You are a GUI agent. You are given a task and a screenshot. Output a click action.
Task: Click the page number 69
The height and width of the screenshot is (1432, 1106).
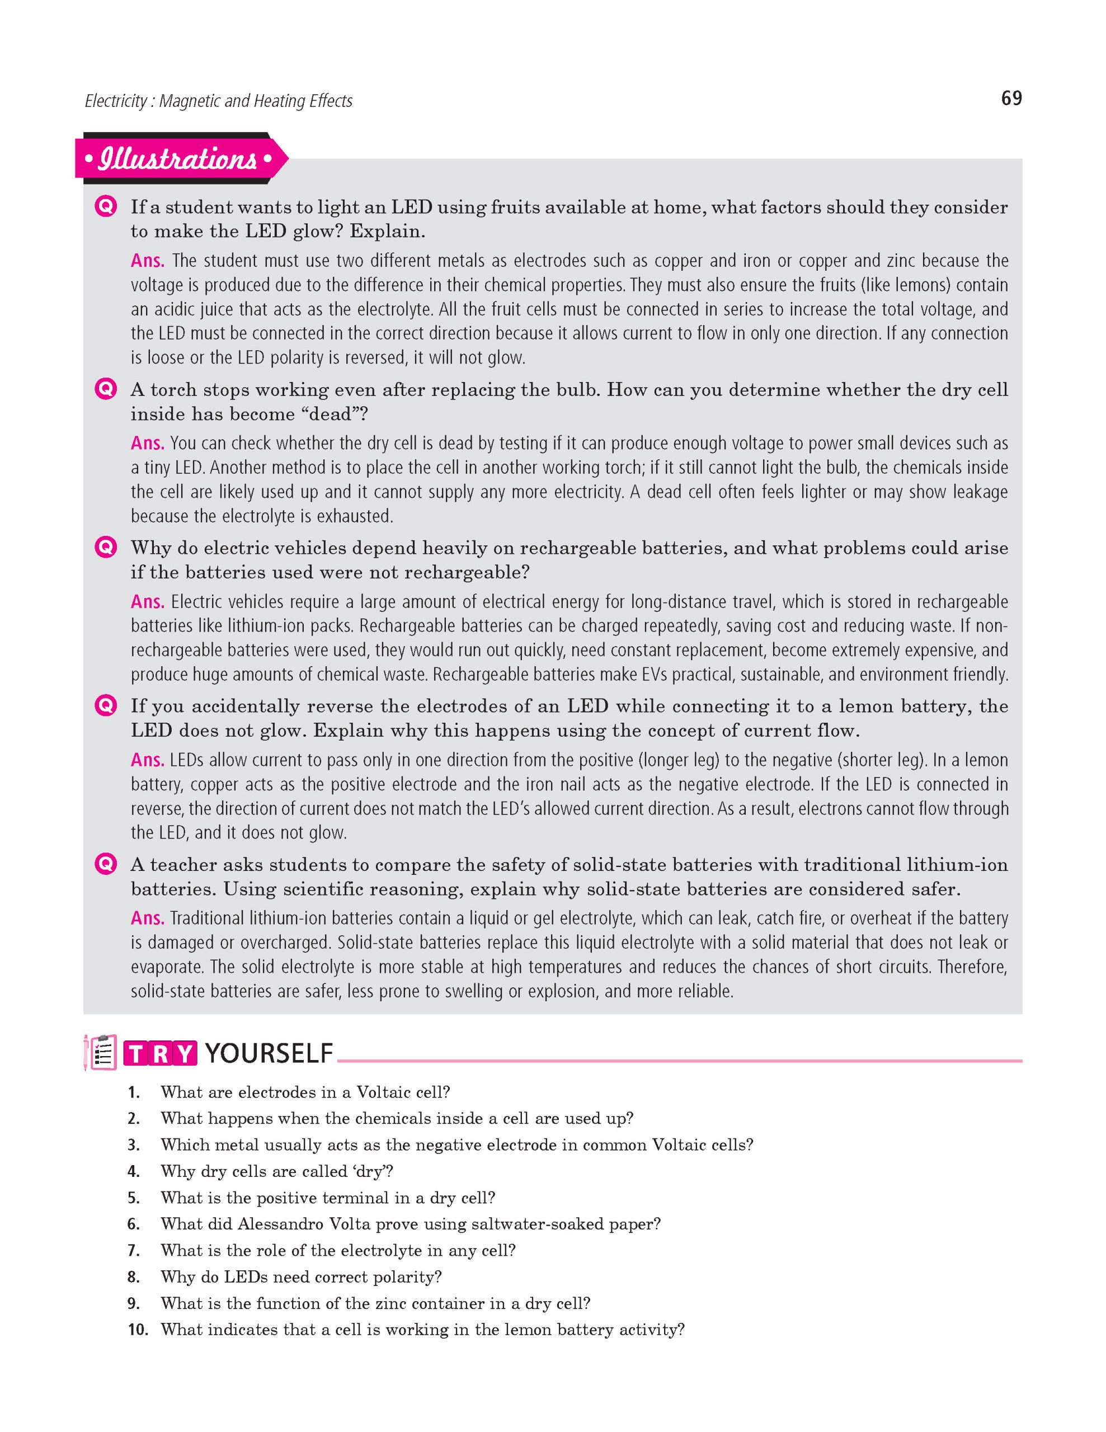[1011, 98]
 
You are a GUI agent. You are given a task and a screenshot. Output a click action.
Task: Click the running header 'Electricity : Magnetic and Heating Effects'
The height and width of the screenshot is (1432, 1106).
[218, 101]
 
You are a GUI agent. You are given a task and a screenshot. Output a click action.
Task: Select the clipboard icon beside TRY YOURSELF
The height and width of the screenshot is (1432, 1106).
[100, 1052]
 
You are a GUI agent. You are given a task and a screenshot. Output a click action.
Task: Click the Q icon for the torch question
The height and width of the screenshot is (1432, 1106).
[105, 390]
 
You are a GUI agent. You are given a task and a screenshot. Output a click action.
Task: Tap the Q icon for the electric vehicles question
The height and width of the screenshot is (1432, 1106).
[105, 548]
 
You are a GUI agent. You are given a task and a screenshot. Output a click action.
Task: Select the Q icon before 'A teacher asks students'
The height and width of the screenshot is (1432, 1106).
[105, 864]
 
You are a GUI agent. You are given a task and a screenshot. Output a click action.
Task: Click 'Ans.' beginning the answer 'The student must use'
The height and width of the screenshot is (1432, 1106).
[148, 261]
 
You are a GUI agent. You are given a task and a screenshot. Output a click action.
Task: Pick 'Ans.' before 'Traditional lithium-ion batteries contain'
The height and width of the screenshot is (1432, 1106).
[148, 918]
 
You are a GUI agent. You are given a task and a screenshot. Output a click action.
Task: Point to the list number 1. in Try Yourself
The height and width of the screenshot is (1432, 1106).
[134, 1092]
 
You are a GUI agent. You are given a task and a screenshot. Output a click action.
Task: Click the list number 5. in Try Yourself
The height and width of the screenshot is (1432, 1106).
[134, 1198]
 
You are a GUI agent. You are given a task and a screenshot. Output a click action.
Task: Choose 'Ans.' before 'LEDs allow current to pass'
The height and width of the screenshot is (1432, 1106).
[148, 760]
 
